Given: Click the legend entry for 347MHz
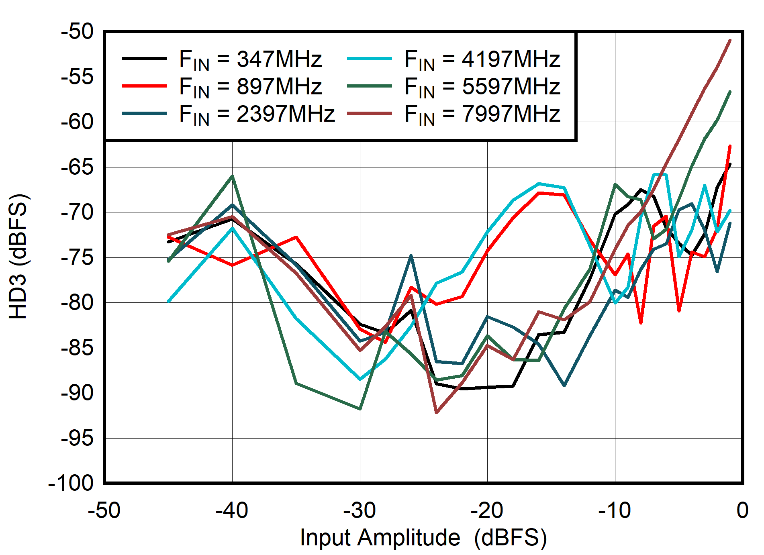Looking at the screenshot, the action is pyautogui.click(x=250, y=59).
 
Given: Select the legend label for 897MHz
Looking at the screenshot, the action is pyautogui.click(x=250, y=87).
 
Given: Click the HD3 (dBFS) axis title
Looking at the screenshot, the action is pyautogui.click(x=18, y=257).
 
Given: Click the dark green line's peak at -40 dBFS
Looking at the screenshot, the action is pyautogui.click(x=232, y=176).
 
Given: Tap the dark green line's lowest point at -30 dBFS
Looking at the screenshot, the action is pyautogui.click(x=360, y=409).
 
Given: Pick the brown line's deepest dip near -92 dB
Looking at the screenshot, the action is pyautogui.click(x=437, y=412).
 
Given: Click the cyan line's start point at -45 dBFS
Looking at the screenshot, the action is pyautogui.click(x=169, y=301).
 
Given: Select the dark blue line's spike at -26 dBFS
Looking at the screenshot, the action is pyautogui.click(x=411, y=255).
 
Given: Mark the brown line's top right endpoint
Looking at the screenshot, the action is pyautogui.click(x=730, y=41).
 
